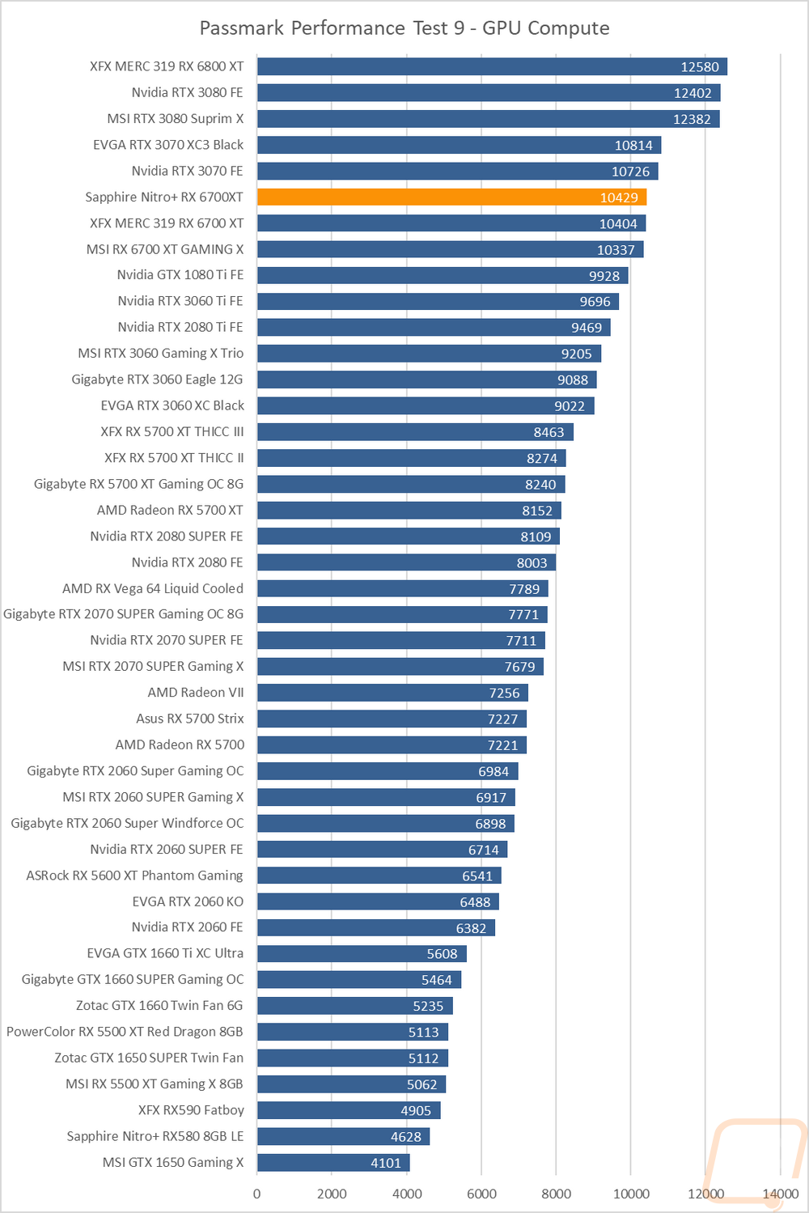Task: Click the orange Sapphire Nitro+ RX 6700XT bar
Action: pos(451,197)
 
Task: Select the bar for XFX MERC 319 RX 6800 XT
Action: pos(492,66)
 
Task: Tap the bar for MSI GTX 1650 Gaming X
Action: pos(333,1163)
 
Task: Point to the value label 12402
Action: pos(693,93)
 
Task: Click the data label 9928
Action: pos(604,276)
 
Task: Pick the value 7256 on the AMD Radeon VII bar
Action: pos(505,693)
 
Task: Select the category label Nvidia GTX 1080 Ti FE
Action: pos(180,275)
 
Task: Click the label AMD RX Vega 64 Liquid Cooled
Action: pos(153,588)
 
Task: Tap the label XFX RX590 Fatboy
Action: pos(191,1110)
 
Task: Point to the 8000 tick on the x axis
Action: pos(556,1194)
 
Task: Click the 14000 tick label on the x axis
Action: pos(781,1194)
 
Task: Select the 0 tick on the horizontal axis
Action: pos(257,1194)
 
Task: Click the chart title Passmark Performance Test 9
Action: pos(404,28)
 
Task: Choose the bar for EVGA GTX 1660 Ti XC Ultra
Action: pos(362,953)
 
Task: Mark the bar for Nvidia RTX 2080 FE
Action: pos(406,562)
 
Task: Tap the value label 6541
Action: pos(477,876)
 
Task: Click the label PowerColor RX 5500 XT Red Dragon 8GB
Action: pos(125,1032)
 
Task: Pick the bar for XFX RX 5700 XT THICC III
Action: pos(415,432)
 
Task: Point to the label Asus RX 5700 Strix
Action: pos(190,719)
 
